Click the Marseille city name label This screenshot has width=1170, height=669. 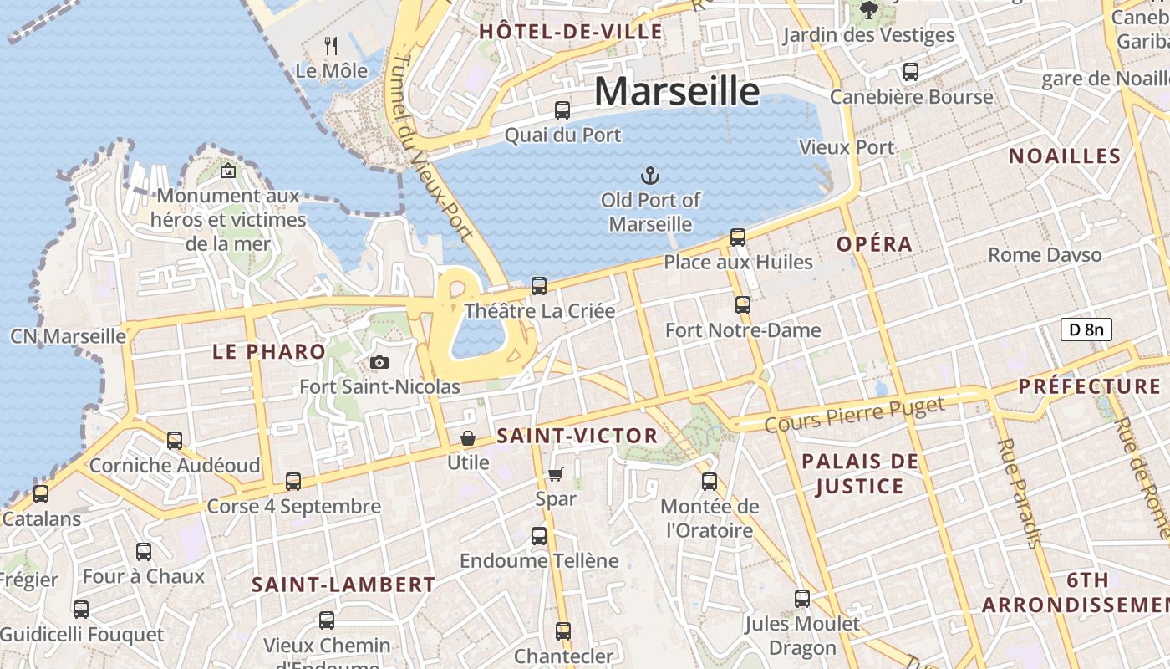[677, 90]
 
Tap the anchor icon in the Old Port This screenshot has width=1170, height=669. [650, 176]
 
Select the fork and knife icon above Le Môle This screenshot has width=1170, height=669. [332, 45]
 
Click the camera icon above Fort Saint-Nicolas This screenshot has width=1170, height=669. [379, 362]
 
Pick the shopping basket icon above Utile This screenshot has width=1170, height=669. [468, 438]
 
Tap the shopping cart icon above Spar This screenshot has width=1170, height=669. [556, 475]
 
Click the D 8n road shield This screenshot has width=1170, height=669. [1086, 329]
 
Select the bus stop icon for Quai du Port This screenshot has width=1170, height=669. [562, 110]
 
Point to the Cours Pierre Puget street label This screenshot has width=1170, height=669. [854, 415]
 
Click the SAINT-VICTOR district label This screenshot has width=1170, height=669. [577, 436]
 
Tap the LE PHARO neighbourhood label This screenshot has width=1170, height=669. [268, 351]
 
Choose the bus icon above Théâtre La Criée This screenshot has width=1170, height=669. [539, 286]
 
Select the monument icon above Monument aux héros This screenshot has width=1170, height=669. [228, 171]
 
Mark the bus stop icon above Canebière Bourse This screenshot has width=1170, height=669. [911, 72]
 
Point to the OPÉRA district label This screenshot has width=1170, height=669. [874, 244]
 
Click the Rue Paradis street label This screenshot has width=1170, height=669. [1020, 493]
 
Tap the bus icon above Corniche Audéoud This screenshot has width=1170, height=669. [175, 440]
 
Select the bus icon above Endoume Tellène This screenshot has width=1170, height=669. [539, 535]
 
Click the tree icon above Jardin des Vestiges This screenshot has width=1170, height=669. [869, 10]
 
